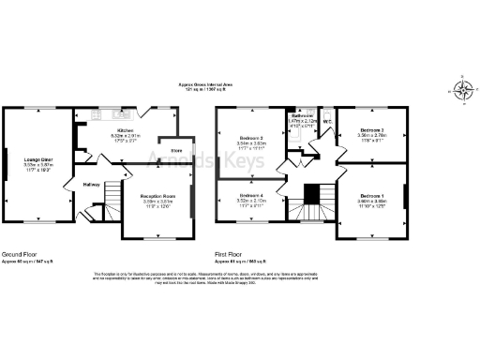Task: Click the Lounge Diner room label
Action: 38,160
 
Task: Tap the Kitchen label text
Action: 124,130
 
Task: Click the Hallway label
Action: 91,184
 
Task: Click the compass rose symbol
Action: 462,91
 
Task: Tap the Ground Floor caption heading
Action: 22,253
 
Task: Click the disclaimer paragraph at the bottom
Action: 239,279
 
